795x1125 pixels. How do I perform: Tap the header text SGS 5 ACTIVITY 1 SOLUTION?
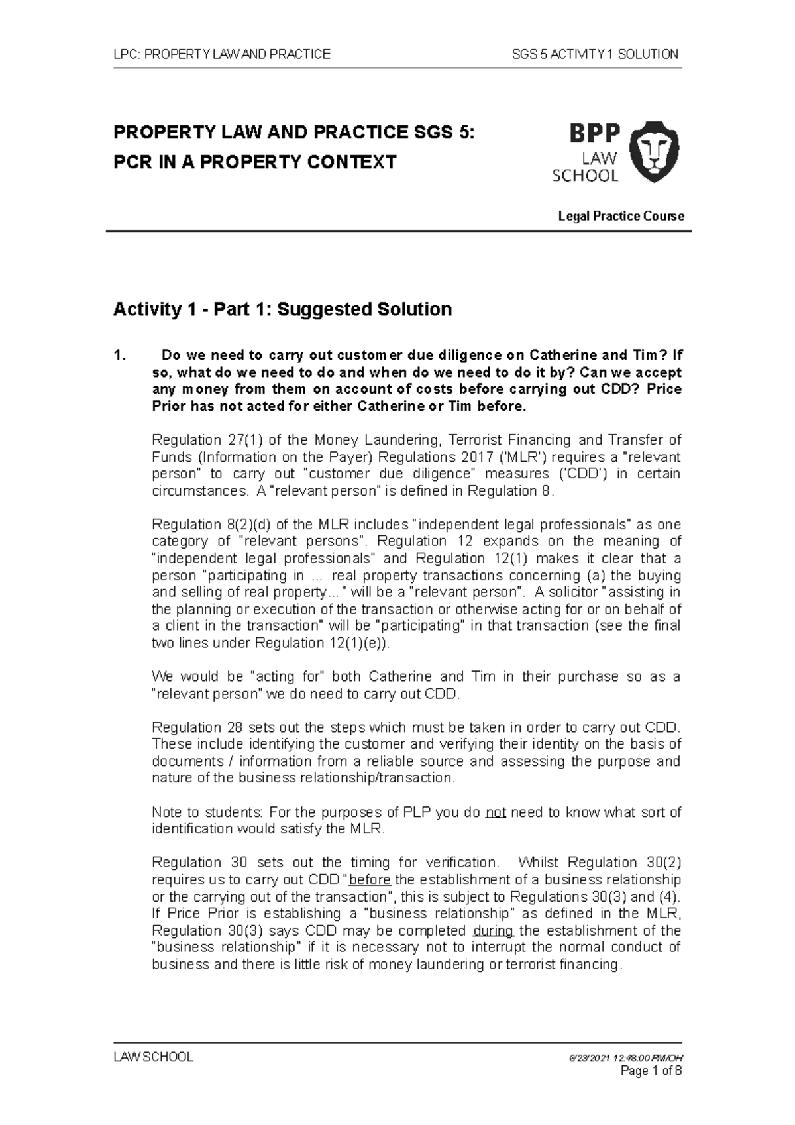click(595, 54)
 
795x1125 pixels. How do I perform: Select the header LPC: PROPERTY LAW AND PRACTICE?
click(222, 54)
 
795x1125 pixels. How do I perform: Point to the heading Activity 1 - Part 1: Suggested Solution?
click(282, 309)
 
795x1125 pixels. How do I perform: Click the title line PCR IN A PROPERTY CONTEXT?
click(254, 162)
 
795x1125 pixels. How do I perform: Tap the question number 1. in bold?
click(120, 355)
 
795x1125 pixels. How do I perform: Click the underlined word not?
click(496, 812)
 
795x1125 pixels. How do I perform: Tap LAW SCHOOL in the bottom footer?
click(154, 1057)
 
